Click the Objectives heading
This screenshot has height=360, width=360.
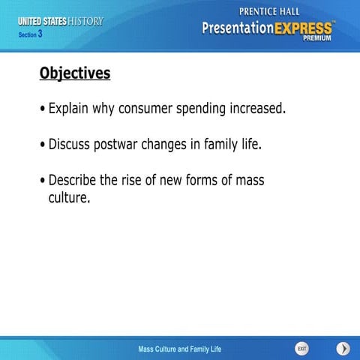(x=74, y=73)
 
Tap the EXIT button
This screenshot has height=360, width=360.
(x=301, y=349)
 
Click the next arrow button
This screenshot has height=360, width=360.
(x=343, y=349)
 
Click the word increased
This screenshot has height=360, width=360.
(x=259, y=109)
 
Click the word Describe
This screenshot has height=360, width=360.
(x=73, y=180)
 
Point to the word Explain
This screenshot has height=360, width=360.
(x=71, y=109)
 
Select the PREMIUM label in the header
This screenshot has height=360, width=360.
(x=318, y=40)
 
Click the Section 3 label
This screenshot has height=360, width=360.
(x=31, y=34)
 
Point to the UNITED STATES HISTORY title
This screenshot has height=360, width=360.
(x=61, y=21)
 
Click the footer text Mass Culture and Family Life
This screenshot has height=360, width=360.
(x=180, y=349)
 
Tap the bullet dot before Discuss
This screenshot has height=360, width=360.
(x=42, y=145)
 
